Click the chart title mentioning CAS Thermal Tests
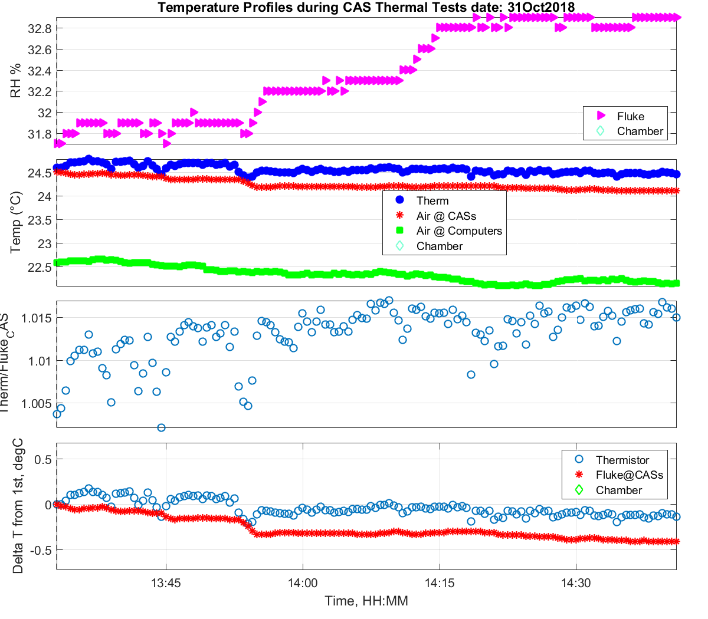[x=366, y=7]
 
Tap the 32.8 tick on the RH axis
[x=40, y=28]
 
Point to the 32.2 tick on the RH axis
[x=40, y=92]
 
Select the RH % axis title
[x=16, y=81]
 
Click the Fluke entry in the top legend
[x=630, y=116]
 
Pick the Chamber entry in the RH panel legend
[x=640, y=131]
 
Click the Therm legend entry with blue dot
[x=432, y=201]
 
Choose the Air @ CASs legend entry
[x=445, y=216]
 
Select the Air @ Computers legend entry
[x=458, y=231]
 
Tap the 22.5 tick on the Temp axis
[x=40, y=267]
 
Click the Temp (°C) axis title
[x=16, y=222]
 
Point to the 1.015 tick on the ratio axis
[x=37, y=318]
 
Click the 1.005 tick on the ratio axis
[x=37, y=404]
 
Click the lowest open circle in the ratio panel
[x=161, y=427]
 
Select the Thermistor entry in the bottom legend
[x=622, y=460]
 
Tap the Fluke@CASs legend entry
[x=629, y=475]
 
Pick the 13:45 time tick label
[x=166, y=583]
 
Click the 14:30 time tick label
[x=576, y=583]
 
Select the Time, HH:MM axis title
[x=366, y=601]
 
